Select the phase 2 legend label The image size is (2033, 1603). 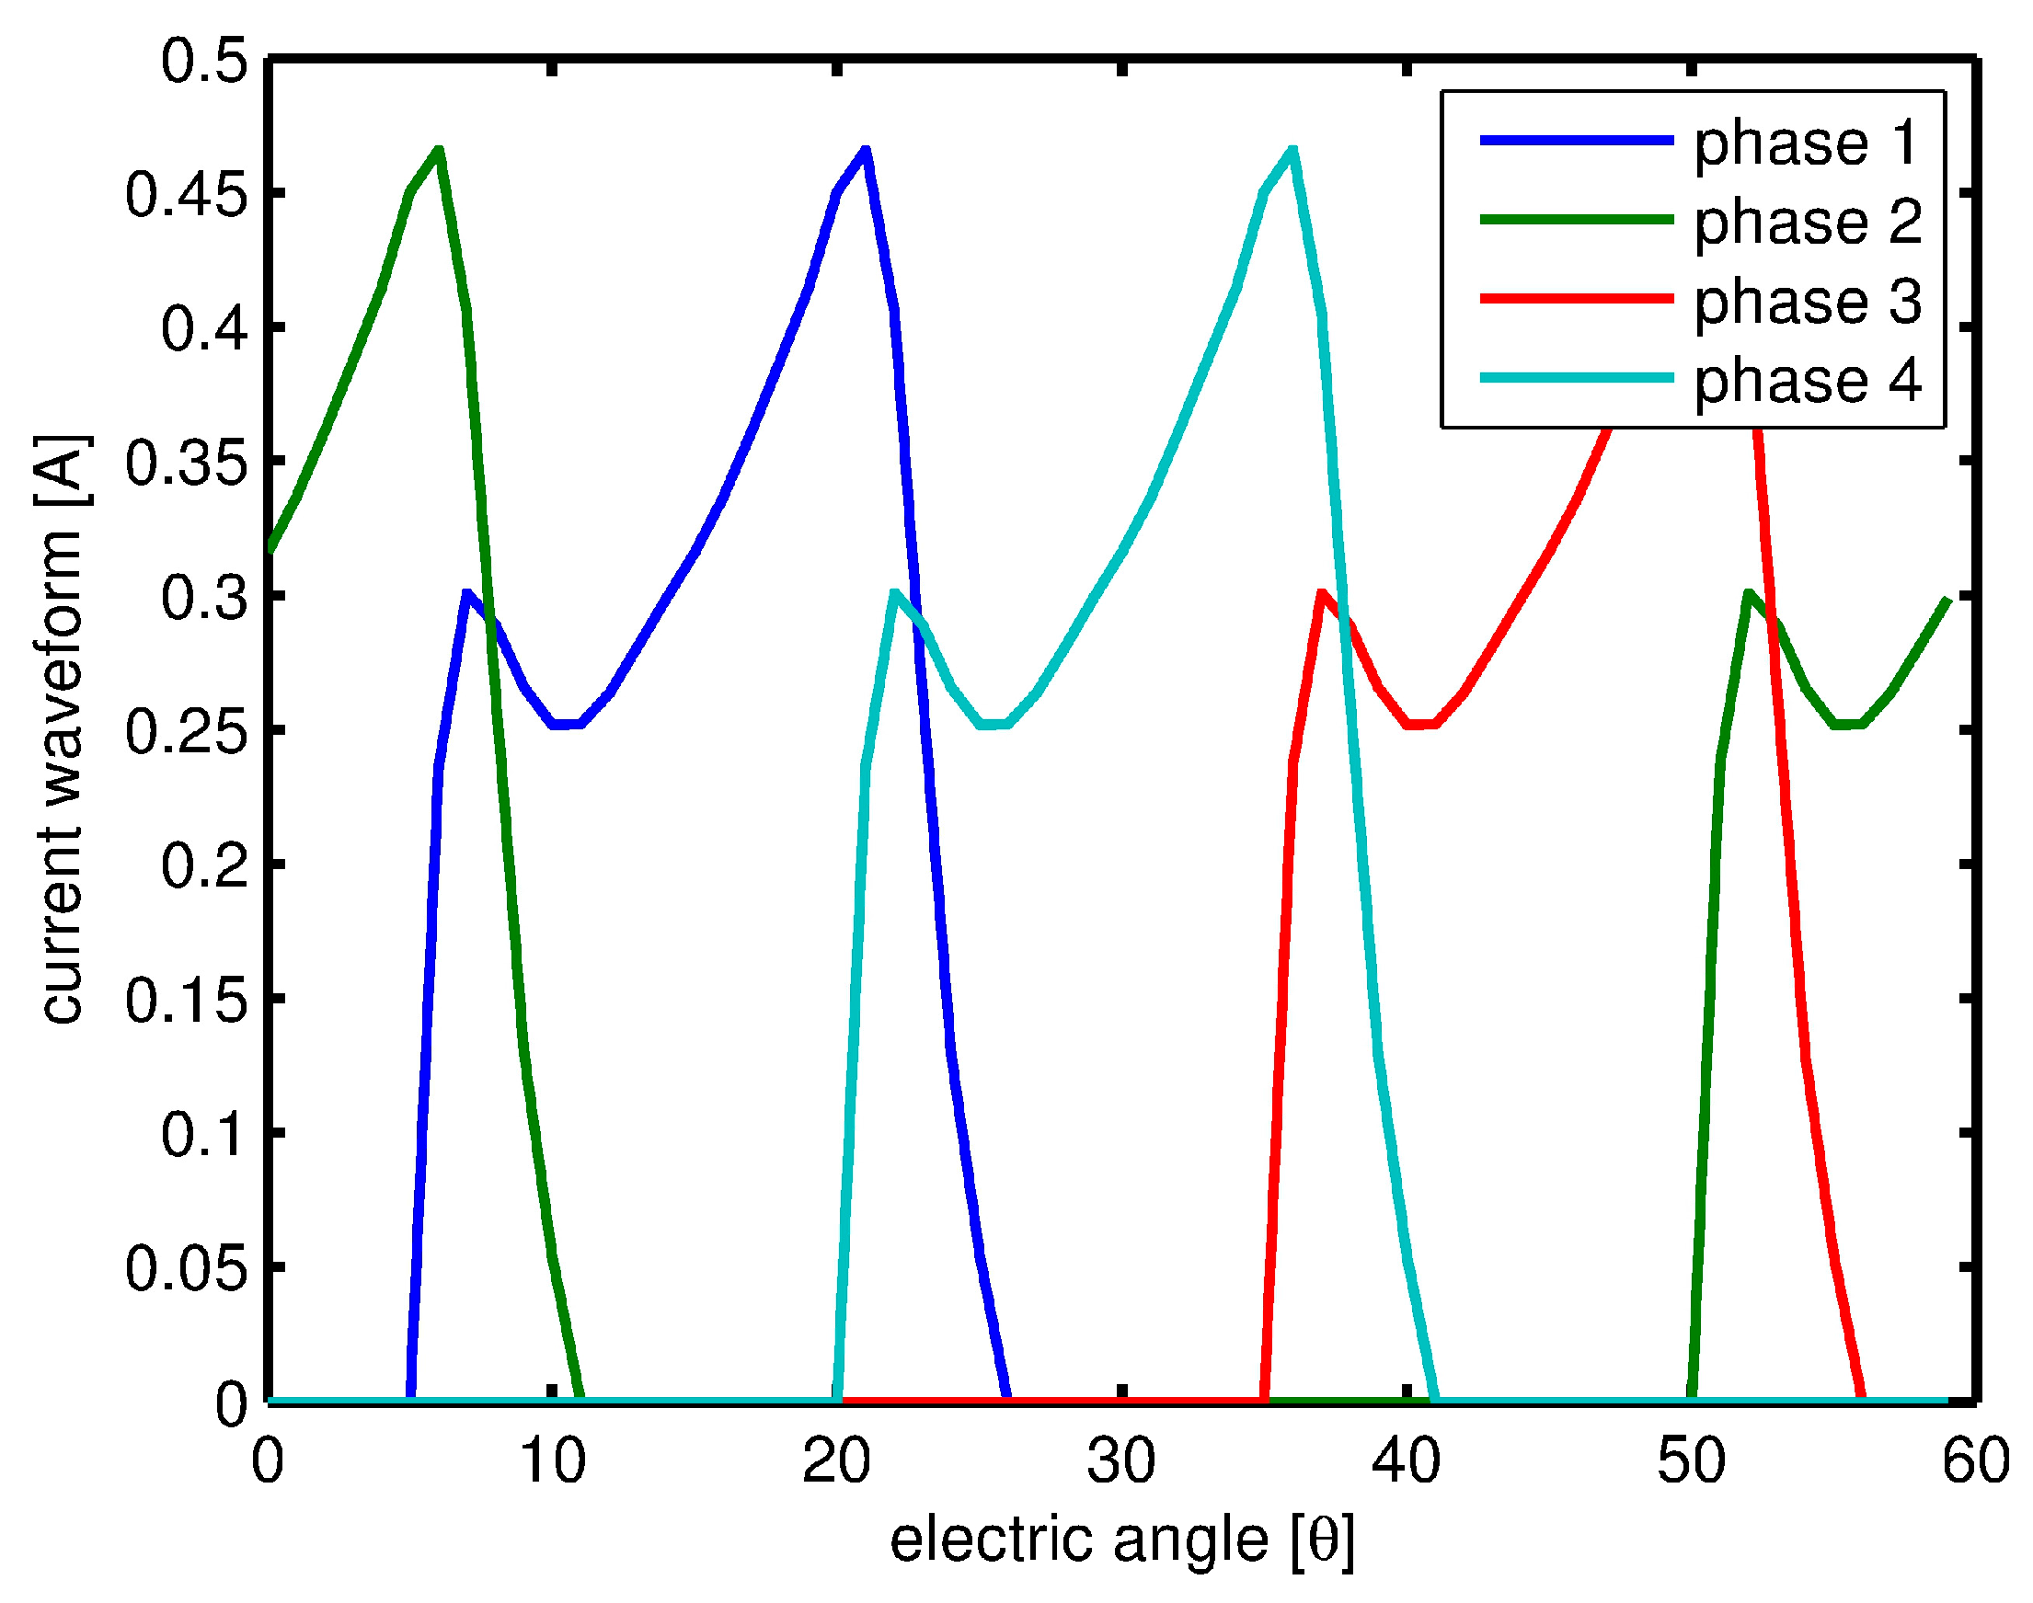coord(1807,223)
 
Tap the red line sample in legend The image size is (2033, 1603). coord(1576,299)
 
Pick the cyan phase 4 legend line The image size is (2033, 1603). coord(1576,378)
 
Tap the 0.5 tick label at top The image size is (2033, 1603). coord(205,62)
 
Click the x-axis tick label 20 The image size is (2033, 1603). coord(837,1461)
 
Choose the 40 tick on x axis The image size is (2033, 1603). coord(1406,1461)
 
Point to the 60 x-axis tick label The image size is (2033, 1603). coord(1975,1461)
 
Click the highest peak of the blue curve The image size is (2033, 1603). coord(866,150)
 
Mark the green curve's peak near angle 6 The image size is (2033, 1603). coord(438,150)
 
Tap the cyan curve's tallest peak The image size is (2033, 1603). coord(1292,150)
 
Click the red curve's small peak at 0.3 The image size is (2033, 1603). coord(1322,593)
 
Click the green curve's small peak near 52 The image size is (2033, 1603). coord(1748,593)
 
